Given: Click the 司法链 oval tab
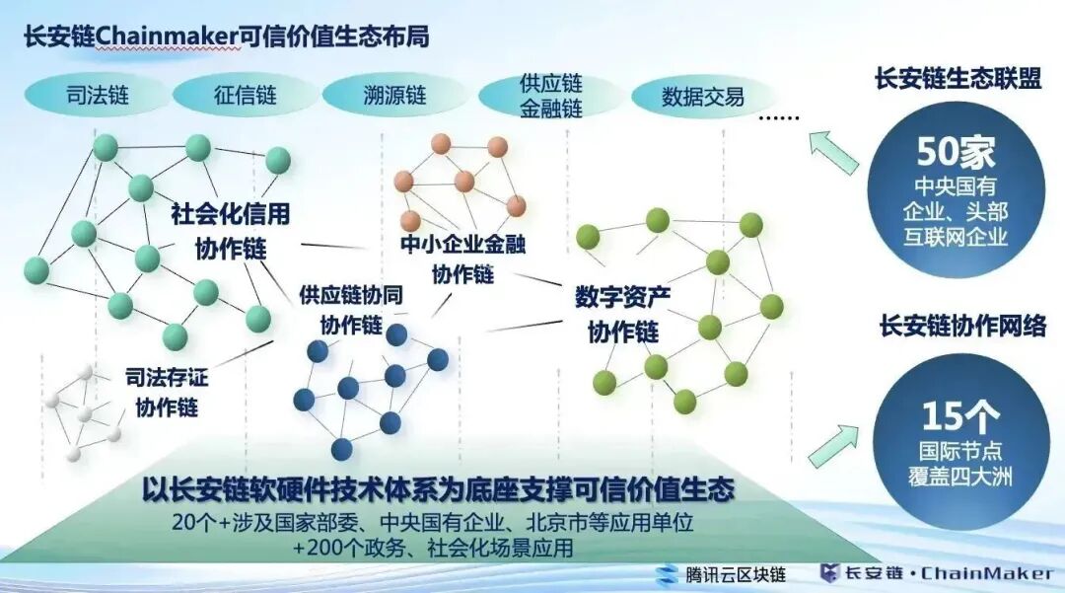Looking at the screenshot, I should (x=97, y=97).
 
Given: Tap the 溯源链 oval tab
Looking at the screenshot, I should (x=393, y=97).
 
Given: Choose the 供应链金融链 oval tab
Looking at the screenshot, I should (x=550, y=96).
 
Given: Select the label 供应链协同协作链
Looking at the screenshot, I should (x=351, y=310).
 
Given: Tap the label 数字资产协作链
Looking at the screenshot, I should (x=623, y=314).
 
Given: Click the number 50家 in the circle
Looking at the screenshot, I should (x=956, y=152).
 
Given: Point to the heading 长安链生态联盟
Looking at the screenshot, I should (x=958, y=80).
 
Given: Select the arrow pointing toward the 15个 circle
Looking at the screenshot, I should (x=830, y=445).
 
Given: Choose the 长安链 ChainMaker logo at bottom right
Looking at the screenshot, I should (x=936, y=574).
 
